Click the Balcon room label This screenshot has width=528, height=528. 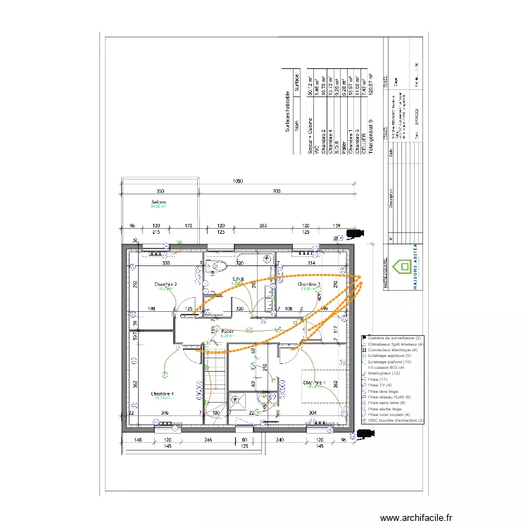click(x=158, y=203)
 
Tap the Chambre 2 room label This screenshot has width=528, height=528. click(x=165, y=284)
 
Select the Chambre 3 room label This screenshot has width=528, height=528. click(x=310, y=284)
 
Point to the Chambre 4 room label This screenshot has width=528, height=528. click(x=162, y=394)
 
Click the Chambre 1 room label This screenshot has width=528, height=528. click(x=315, y=383)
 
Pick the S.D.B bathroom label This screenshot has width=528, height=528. click(x=238, y=280)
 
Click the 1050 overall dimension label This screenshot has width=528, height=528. click(x=238, y=182)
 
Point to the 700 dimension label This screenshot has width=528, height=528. click(x=277, y=191)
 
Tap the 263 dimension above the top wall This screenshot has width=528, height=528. click(x=263, y=226)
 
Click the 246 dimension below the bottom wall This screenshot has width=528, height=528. click(x=208, y=440)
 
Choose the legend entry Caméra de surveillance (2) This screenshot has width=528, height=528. click(x=394, y=339)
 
